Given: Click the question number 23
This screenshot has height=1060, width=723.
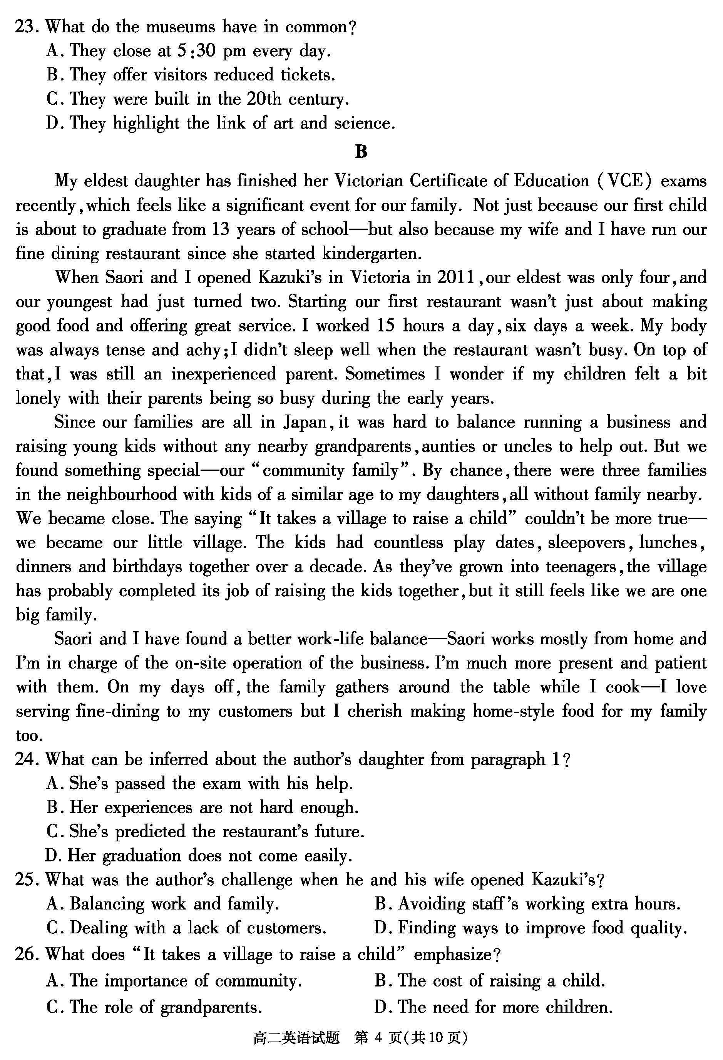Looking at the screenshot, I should pos(25,27).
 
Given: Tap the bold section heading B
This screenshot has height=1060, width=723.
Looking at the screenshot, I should pos(361,152).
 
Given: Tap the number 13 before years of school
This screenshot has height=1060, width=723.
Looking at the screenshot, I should pos(220,229).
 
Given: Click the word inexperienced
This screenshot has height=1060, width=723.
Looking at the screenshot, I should pos(224,374).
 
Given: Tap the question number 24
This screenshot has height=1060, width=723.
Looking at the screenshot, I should pos(25,759).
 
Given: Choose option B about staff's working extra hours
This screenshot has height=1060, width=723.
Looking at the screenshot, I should pos(527,904).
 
